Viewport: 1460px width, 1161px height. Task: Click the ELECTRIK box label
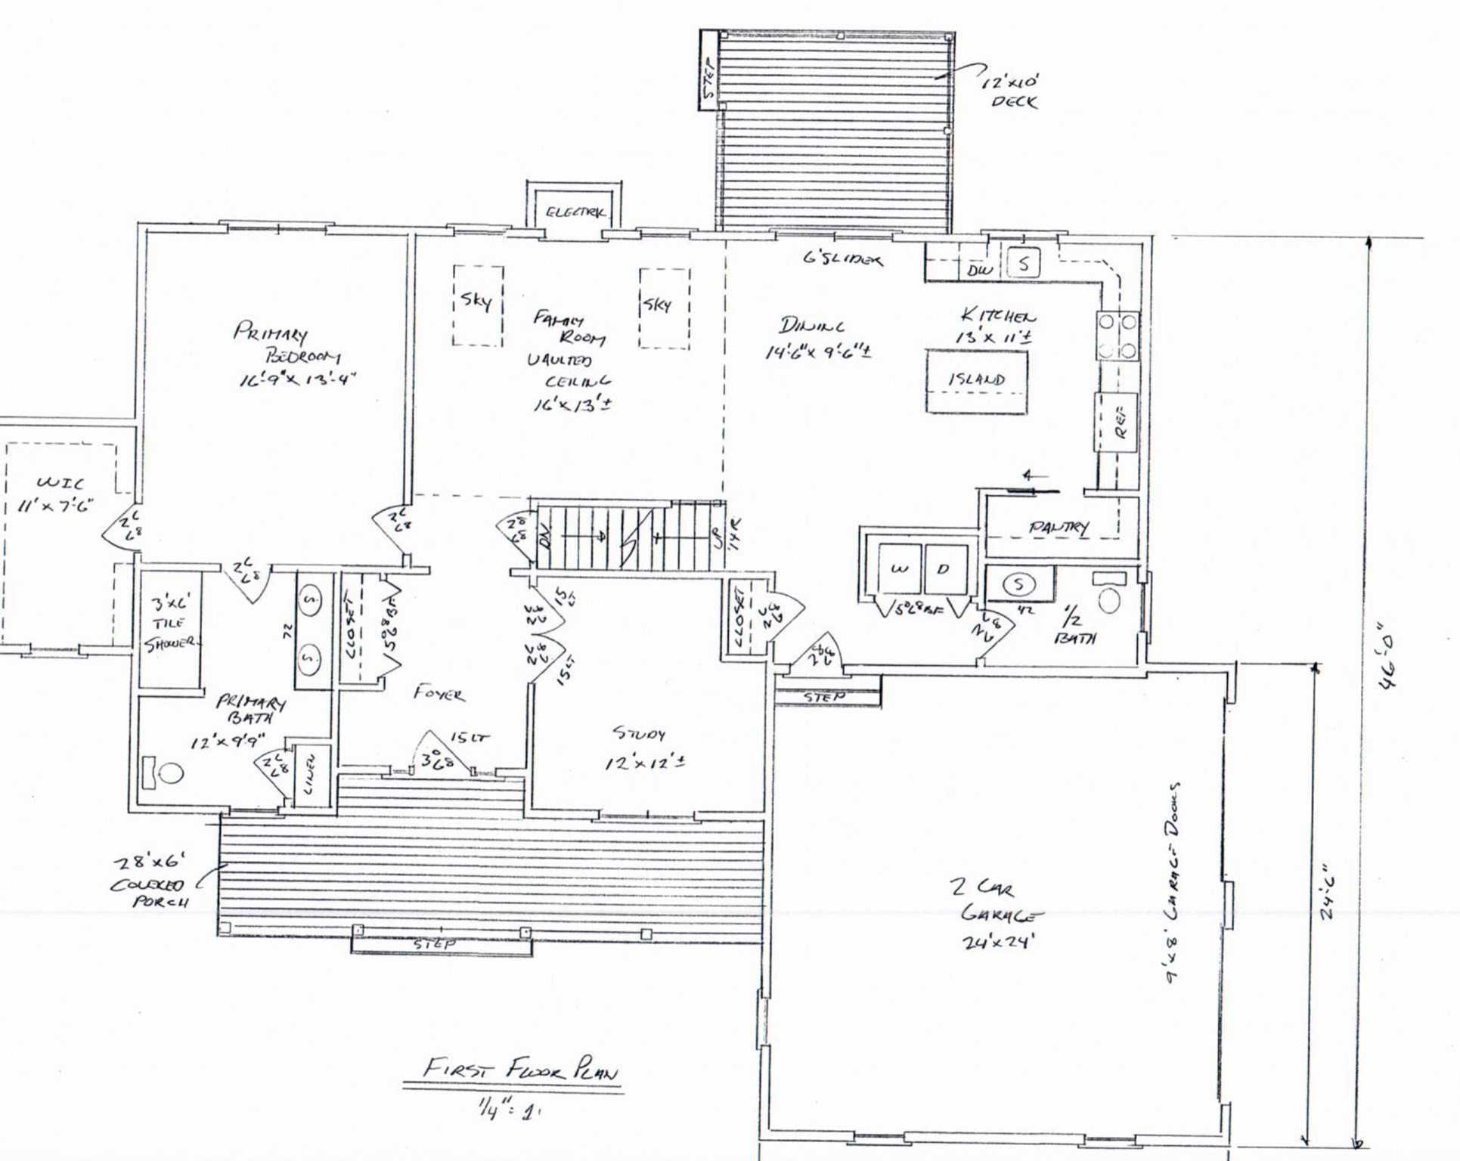coord(575,212)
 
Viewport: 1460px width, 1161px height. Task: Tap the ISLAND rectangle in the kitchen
coord(977,380)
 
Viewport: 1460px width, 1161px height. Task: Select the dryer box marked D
coord(944,569)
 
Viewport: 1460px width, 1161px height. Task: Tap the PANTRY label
coord(1058,527)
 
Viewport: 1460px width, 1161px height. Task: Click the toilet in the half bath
coord(1109,601)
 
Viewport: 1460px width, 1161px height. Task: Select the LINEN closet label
coord(311,771)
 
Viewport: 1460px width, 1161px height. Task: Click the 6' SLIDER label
coord(842,259)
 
